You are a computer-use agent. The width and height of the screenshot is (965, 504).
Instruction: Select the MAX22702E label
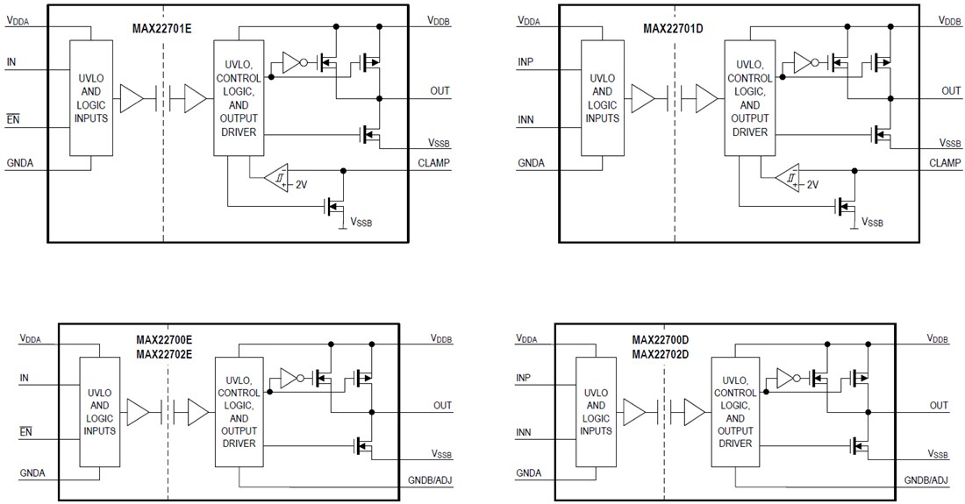point(163,353)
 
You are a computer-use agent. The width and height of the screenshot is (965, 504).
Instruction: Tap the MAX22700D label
point(660,339)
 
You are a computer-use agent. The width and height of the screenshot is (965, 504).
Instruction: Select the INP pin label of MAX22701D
point(525,61)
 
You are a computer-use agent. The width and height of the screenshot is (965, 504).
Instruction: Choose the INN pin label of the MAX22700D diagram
point(525,432)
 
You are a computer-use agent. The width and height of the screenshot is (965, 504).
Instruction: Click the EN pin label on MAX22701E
point(12,118)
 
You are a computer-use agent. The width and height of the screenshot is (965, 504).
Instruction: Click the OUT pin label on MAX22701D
point(951,90)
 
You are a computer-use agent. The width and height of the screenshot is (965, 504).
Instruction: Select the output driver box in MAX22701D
point(748,98)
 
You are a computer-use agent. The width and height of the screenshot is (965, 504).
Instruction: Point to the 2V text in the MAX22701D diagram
point(811,185)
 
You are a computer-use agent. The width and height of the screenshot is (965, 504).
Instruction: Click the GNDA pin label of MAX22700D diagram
point(529,472)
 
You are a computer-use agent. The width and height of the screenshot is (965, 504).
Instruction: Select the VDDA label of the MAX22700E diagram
point(30,337)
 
